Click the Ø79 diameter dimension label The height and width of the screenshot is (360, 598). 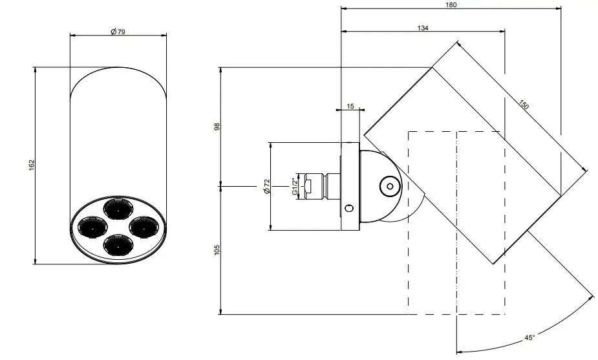tap(117, 32)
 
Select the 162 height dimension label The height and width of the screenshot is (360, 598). tap(31, 165)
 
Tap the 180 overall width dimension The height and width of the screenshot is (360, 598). tap(451, 5)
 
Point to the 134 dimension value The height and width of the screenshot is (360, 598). tap(423, 28)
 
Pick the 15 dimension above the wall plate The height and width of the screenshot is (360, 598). tap(350, 105)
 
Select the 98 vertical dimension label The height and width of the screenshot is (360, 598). tap(217, 127)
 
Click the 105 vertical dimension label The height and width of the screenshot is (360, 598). tap(217, 249)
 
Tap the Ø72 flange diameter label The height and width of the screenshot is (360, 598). tap(266, 187)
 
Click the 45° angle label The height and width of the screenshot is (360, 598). tap(529, 338)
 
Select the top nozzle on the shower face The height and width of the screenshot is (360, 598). tap(117, 209)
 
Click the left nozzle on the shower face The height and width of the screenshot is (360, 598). tap(91, 227)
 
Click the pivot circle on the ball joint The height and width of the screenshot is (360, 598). tap(389, 185)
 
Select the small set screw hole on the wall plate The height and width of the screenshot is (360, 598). tap(349, 208)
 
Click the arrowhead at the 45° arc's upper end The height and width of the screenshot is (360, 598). tap(591, 297)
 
